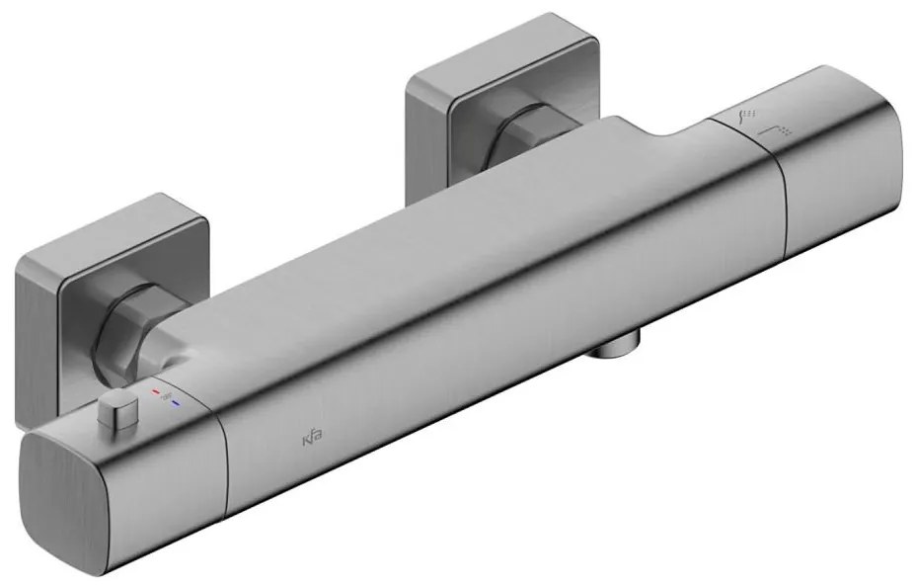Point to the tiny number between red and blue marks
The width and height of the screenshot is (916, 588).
pos(165,398)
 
